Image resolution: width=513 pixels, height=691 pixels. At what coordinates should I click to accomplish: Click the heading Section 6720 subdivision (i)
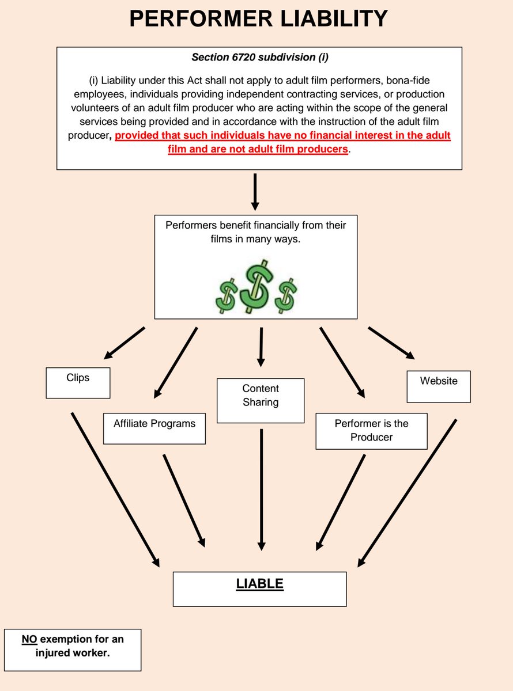click(x=259, y=57)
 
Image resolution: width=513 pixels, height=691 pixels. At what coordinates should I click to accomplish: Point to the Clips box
click(x=78, y=383)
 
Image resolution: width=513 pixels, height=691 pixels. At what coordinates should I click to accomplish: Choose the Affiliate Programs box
click(x=154, y=428)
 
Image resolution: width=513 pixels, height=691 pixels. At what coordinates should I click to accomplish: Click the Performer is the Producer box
click(x=371, y=431)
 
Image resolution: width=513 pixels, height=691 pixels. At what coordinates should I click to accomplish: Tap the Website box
click(x=439, y=386)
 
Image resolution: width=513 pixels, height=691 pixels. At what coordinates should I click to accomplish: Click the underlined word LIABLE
click(x=260, y=584)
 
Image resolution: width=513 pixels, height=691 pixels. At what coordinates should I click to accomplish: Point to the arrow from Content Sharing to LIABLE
click(x=261, y=489)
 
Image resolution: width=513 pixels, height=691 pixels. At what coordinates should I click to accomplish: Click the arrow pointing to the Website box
click(x=391, y=343)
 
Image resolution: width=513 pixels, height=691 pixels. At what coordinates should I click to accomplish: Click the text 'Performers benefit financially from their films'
click(x=256, y=231)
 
